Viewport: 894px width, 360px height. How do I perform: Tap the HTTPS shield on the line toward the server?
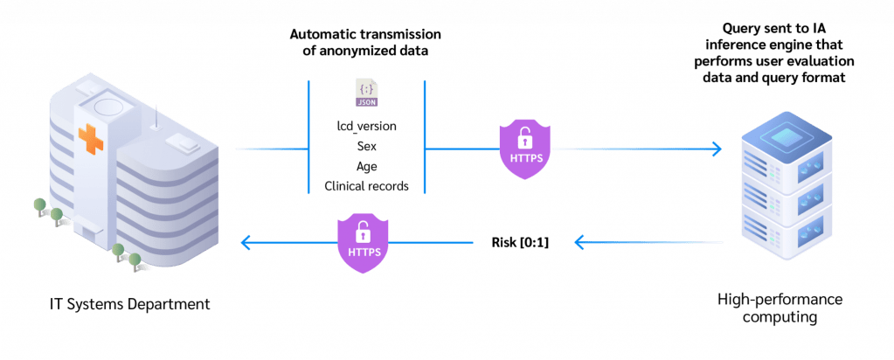click(524, 149)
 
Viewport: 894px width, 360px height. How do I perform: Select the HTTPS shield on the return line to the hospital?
click(364, 242)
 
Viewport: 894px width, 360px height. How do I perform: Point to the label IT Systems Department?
click(130, 303)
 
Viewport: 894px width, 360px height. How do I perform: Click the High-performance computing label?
click(781, 308)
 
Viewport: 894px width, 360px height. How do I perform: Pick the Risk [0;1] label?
click(519, 242)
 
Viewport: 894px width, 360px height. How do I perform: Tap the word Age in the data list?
click(366, 166)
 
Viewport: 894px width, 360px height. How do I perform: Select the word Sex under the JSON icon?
click(366, 147)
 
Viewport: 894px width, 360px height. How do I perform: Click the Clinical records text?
click(366, 185)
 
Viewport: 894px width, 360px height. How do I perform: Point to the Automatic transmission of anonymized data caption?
click(365, 42)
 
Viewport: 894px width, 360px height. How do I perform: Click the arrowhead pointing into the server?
click(717, 149)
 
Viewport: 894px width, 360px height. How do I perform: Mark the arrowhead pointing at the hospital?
click(248, 242)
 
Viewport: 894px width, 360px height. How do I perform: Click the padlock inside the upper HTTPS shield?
click(524, 138)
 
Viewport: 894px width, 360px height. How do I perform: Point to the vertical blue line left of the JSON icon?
click(308, 136)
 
